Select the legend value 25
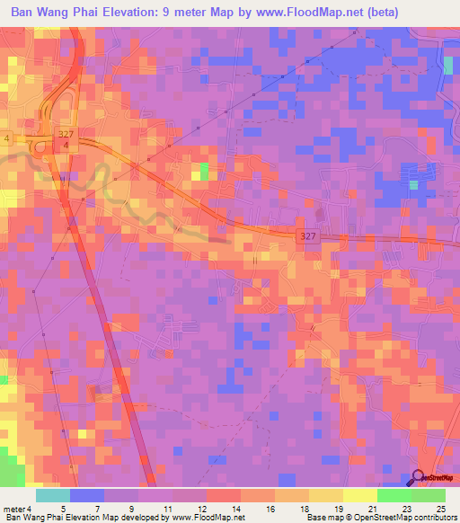pyautogui.click(x=440, y=508)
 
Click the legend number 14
pyautogui.click(x=236, y=508)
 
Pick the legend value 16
pyautogui.click(x=270, y=508)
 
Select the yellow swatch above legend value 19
pyautogui.click(x=326, y=495)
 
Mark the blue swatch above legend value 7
pyautogui.click(x=87, y=495)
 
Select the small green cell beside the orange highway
pyautogui.click(x=204, y=171)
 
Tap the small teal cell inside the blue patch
pyautogui.click(x=413, y=184)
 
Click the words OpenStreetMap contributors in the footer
pyautogui.click(x=403, y=518)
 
